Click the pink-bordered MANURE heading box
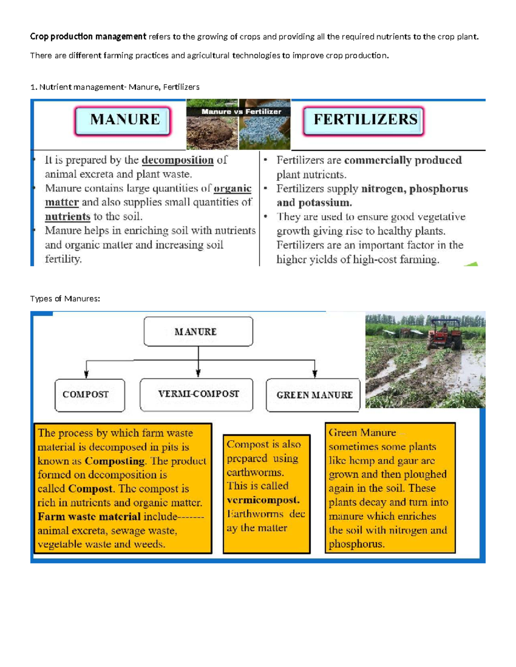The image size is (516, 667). point(123,121)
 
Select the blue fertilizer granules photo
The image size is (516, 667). point(264,133)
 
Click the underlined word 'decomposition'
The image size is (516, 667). point(178,160)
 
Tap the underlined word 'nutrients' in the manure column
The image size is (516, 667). point(68,216)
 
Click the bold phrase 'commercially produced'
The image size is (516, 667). point(403,160)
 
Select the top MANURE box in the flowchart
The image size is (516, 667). point(198,332)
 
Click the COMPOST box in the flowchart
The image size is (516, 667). point(89,395)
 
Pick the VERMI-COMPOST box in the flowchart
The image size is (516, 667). point(197,395)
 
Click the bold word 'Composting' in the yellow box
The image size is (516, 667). point(114,461)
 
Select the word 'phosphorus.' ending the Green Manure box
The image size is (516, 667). point(356,544)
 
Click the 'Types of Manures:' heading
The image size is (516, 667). point(65,298)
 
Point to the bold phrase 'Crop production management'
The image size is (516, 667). point(88,37)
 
